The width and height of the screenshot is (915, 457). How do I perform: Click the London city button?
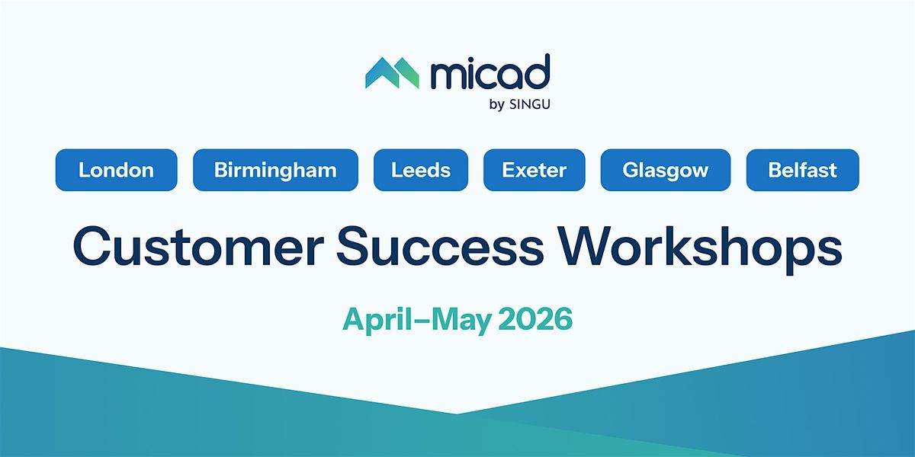[x=117, y=170]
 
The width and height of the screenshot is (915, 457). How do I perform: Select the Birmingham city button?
[x=275, y=170]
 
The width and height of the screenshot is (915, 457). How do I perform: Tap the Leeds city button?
[x=421, y=170]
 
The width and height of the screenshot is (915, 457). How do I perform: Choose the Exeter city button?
[x=535, y=170]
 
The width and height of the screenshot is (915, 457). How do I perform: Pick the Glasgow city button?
[x=666, y=170]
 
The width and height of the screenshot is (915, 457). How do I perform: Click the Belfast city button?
[x=803, y=170]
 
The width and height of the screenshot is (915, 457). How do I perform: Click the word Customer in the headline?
[x=198, y=247]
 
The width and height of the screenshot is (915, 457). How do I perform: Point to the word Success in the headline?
[x=440, y=247]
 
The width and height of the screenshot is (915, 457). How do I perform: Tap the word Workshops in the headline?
[x=700, y=250]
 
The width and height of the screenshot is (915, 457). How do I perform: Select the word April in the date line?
[x=377, y=321]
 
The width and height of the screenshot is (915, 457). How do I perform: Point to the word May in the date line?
[x=461, y=321]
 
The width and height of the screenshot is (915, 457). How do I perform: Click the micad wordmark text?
[x=490, y=72]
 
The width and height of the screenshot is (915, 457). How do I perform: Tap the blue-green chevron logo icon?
[x=392, y=73]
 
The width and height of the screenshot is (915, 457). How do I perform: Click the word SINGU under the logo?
[x=530, y=104]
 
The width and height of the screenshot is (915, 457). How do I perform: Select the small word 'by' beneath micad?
[x=496, y=105]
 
